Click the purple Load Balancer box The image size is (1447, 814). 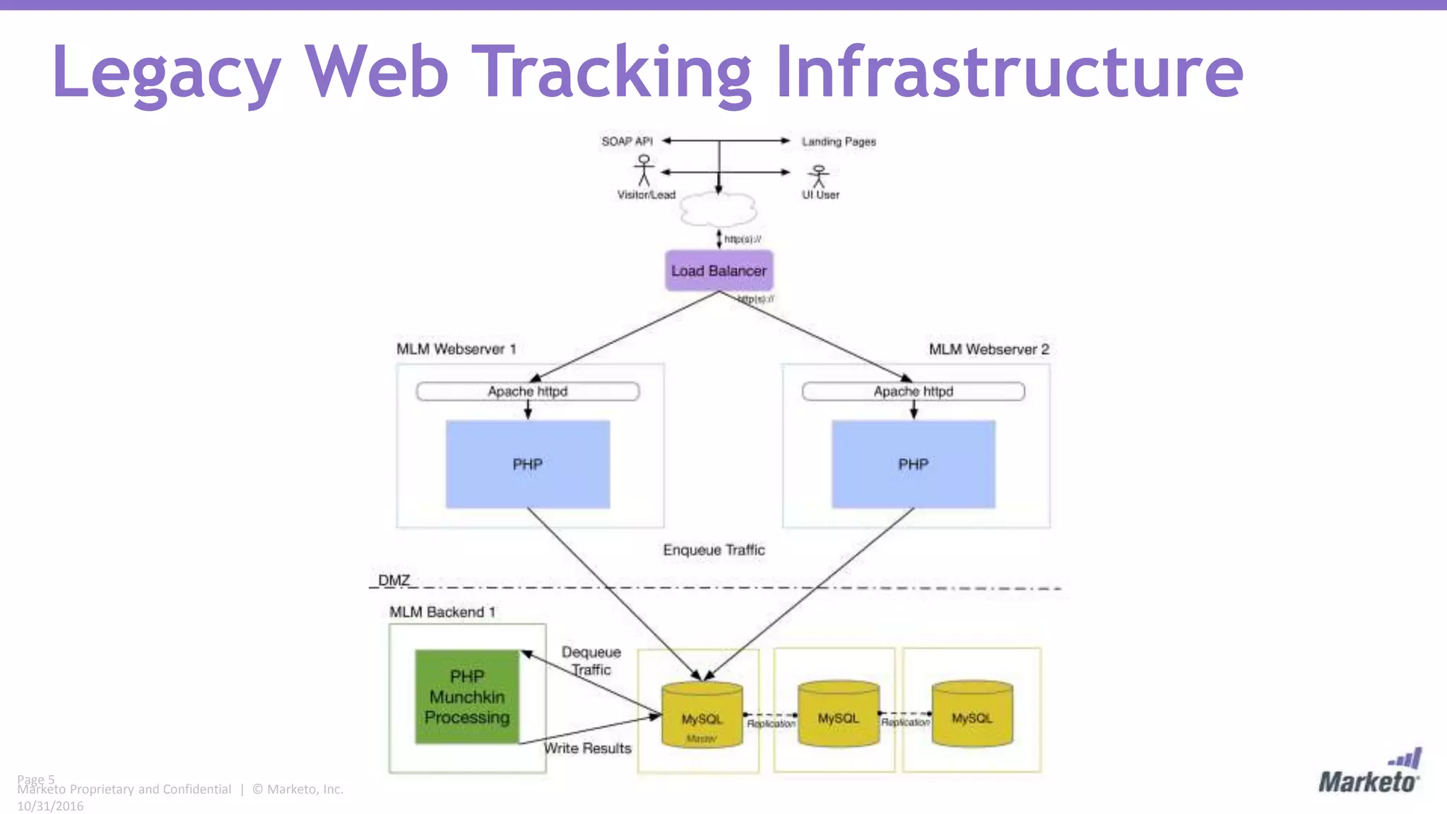click(719, 271)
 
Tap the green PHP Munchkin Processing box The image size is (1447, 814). click(467, 697)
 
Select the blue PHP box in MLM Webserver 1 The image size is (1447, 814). click(528, 464)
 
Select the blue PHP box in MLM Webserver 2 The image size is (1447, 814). click(913, 464)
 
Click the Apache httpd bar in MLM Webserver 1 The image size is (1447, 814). click(528, 391)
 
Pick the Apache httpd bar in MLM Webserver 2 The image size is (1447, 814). click(913, 391)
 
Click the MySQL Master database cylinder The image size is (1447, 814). click(702, 715)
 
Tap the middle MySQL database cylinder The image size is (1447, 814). click(838, 714)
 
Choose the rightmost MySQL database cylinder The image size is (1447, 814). click(971, 714)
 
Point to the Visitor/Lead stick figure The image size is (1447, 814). click(644, 170)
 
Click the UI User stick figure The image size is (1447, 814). click(819, 176)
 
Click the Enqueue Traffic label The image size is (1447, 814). click(714, 550)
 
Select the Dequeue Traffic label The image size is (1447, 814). click(591, 661)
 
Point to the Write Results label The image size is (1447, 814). click(588, 748)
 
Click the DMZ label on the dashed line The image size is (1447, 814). click(394, 580)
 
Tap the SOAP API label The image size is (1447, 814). click(627, 141)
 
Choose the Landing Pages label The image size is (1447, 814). click(839, 141)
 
